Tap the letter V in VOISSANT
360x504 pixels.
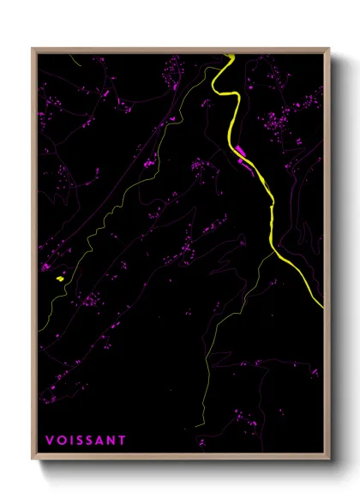pos(51,441)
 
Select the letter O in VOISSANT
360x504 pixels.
pos(61,441)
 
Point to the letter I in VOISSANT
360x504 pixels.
pos(70,441)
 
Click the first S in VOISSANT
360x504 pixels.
pos(78,441)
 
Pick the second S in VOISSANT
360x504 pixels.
pos(88,441)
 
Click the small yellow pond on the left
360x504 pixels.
pos(59,278)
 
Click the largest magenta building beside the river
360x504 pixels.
pos(241,154)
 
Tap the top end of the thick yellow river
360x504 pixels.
pos(230,57)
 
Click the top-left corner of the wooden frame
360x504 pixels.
pos(33,49)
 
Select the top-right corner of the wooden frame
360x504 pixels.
pos(329,49)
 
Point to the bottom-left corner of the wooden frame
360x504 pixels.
pos(33,461)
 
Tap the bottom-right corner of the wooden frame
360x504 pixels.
pos(329,461)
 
